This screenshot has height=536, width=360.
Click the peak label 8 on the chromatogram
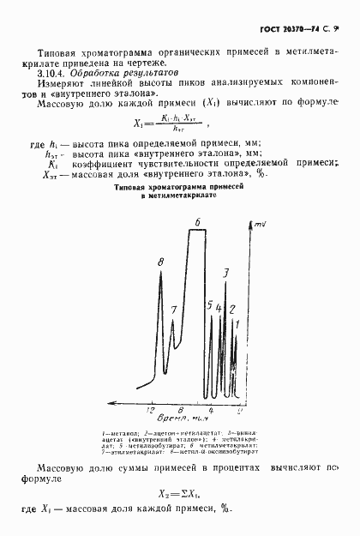[160, 261]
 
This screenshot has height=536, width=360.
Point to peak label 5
[210, 305]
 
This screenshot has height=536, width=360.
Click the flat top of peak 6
[199, 234]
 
